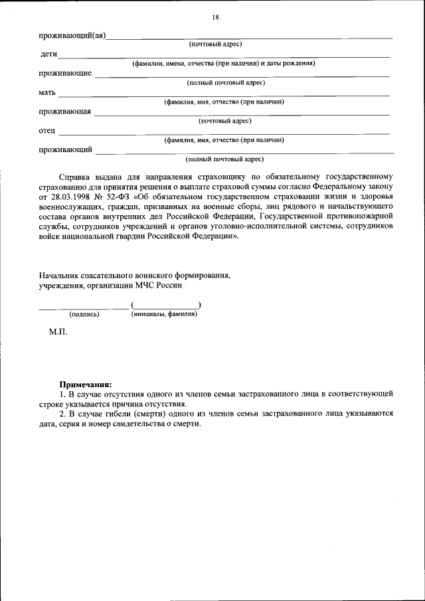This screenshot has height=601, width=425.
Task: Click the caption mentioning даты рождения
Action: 223,64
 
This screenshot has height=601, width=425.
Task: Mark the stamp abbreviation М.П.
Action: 58,331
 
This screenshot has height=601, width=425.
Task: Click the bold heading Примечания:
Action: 86,384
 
